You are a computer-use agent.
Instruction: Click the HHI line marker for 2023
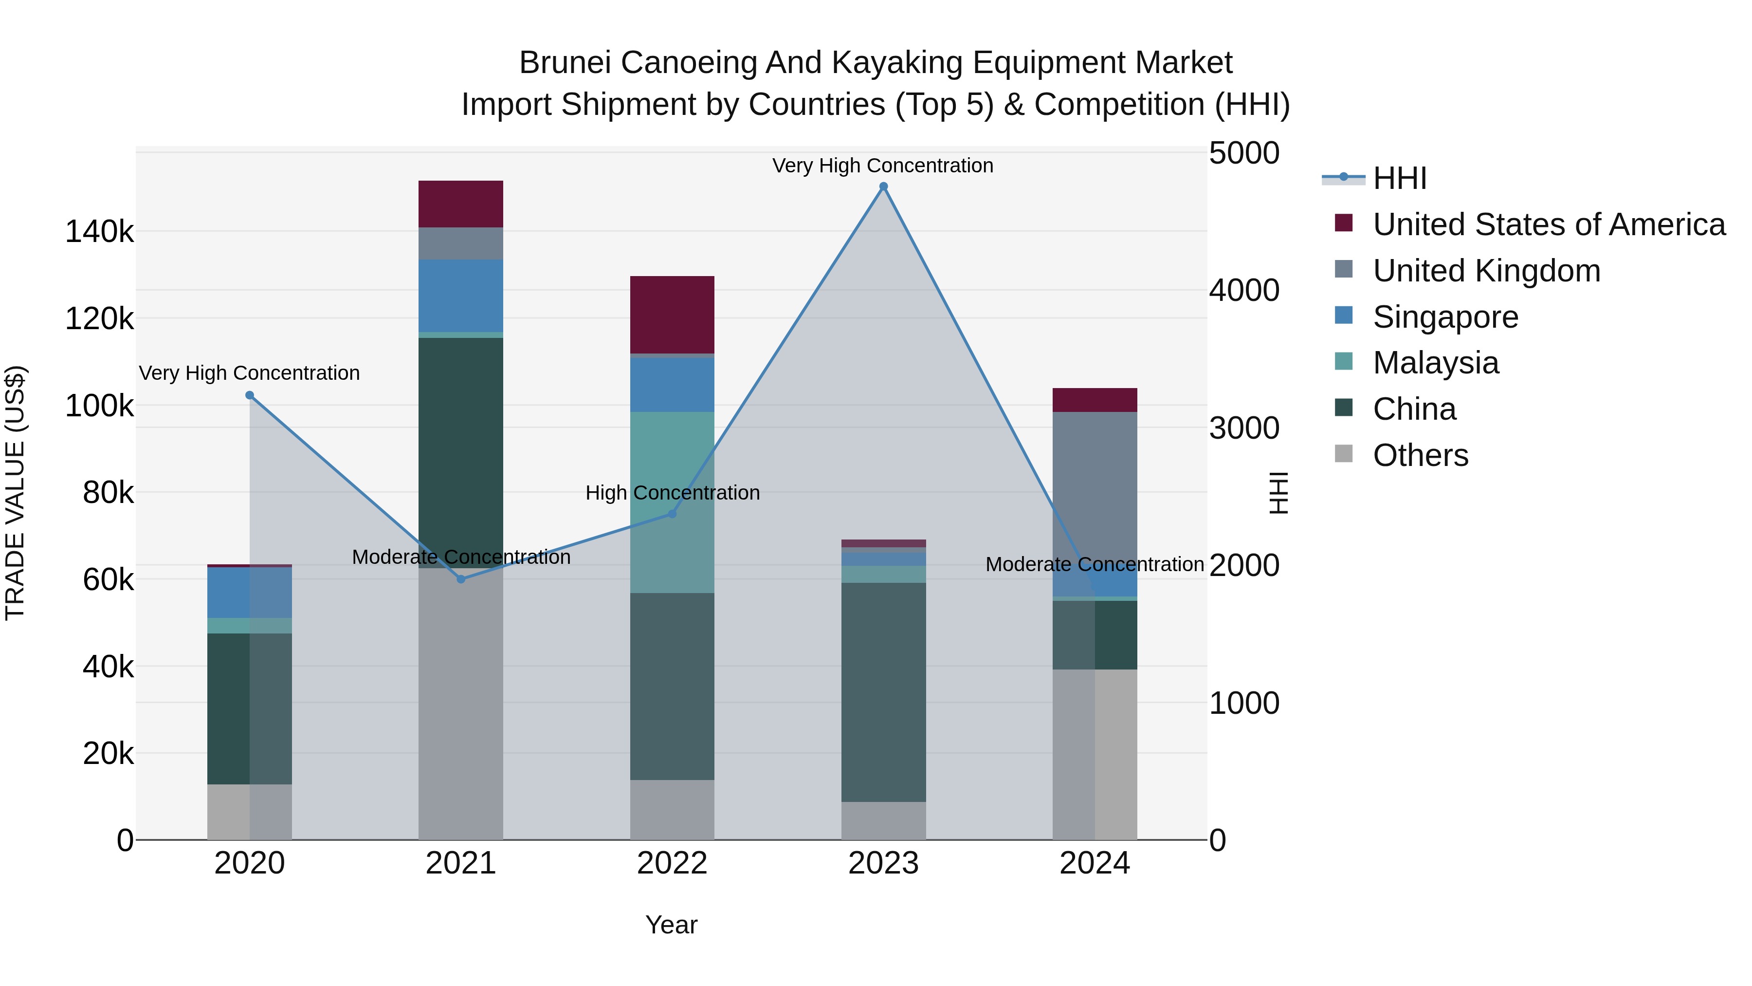(883, 186)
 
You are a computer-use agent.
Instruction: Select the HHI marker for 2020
(250, 395)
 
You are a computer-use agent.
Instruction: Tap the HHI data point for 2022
(673, 514)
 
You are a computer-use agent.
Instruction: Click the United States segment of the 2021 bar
(460, 204)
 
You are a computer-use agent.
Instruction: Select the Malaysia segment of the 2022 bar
(673, 502)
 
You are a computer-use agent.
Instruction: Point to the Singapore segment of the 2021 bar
(460, 296)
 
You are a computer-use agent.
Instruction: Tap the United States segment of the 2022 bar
(673, 315)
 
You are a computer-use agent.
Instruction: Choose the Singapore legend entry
(1445, 317)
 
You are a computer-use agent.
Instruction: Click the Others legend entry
(1420, 455)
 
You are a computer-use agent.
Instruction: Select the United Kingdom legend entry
(1486, 271)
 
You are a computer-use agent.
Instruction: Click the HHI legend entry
(1399, 178)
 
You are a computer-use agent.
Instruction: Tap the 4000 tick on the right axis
(1244, 291)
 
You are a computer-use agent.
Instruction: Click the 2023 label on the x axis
(883, 863)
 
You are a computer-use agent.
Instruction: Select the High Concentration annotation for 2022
(673, 493)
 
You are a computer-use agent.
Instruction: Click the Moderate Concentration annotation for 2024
(1095, 564)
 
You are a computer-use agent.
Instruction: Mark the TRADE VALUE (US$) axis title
(15, 493)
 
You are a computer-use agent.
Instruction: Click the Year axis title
(671, 925)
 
